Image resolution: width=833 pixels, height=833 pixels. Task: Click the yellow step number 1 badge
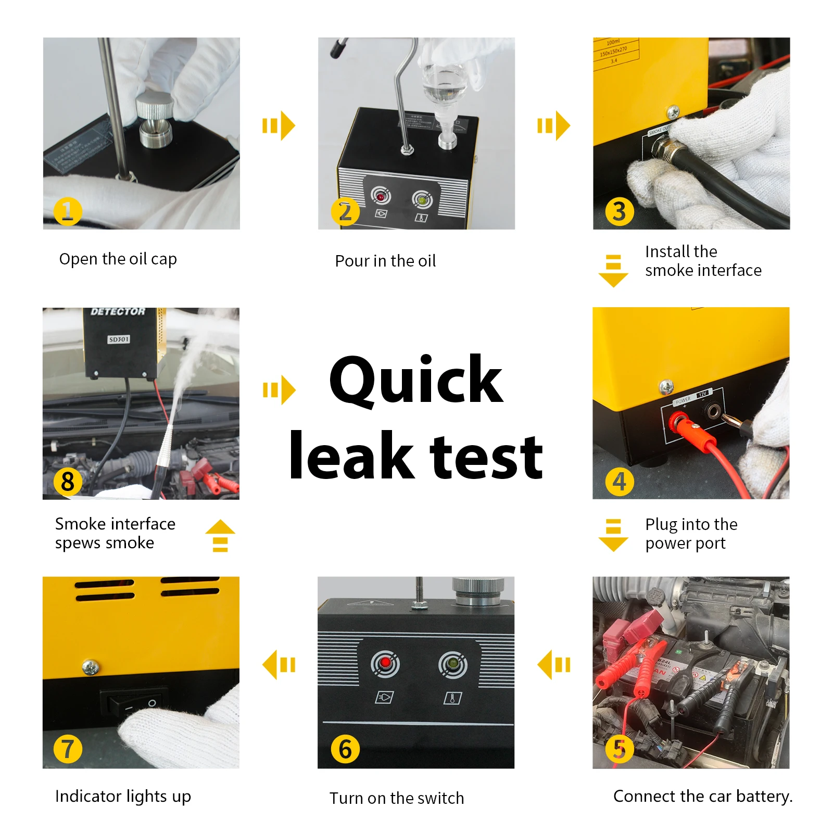pos(68,211)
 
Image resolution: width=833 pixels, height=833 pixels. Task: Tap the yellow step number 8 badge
pos(68,482)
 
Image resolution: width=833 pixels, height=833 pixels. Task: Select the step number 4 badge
pos(619,482)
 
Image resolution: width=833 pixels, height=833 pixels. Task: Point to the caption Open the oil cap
pos(118,259)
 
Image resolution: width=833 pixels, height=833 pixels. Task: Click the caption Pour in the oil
pos(385,261)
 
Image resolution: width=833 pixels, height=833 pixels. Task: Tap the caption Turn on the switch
pos(397,798)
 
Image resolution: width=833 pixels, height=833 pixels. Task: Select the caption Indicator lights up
pos(123,796)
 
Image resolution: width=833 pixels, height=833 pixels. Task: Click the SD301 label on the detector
pos(119,339)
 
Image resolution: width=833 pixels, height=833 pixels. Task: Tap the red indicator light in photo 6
pos(385,663)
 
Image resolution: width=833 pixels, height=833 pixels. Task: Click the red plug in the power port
pos(682,422)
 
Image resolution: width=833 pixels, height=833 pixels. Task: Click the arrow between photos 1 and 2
pos(279,125)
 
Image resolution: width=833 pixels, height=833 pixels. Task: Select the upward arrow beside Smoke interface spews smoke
pos(220,536)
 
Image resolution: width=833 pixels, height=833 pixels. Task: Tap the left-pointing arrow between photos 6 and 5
pos(554,665)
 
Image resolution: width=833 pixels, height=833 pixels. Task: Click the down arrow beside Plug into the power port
pos(613,535)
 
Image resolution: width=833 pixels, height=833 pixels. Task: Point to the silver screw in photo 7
pos(91,667)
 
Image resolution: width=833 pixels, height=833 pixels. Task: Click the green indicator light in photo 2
pos(422,199)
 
